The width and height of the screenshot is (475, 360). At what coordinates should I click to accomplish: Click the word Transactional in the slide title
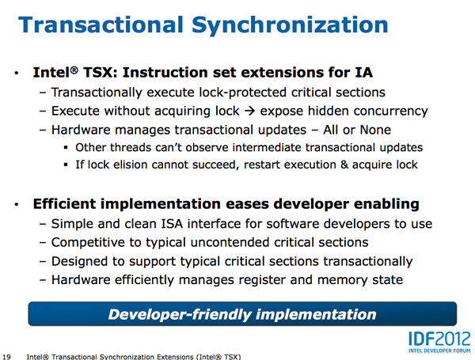(101, 25)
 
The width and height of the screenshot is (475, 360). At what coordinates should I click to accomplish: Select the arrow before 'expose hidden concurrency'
(249, 111)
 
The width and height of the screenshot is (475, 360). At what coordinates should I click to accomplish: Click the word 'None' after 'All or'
(375, 130)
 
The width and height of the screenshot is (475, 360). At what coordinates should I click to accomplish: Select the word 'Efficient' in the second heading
(64, 204)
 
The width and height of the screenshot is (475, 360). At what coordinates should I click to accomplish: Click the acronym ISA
(172, 224)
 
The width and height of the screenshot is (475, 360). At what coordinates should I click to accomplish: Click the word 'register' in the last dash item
(262, 280)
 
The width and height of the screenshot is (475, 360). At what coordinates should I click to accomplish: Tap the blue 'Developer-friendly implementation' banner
(242, 314)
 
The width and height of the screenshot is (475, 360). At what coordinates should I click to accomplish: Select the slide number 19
(6, 357)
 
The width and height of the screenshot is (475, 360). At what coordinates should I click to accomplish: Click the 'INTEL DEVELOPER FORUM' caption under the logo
(439, 351)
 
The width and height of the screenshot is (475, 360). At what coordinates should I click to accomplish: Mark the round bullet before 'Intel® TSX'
(17, 73)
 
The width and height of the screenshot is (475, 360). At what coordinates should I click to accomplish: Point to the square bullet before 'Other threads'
(66, 148)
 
